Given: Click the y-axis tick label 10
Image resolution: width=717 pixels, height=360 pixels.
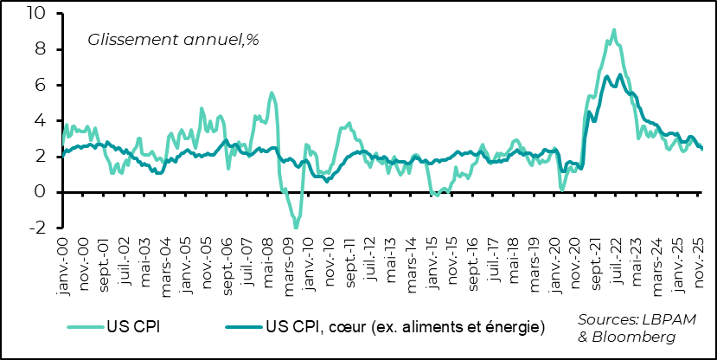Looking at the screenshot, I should point(37,14).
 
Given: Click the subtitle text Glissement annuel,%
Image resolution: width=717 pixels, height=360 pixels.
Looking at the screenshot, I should point(173,40).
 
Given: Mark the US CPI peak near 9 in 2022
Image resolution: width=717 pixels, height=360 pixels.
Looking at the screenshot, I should point(613,29).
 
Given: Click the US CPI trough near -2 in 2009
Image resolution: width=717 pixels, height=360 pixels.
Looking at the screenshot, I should point(295,228).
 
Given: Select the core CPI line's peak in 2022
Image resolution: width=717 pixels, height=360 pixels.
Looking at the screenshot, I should point(607,76).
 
